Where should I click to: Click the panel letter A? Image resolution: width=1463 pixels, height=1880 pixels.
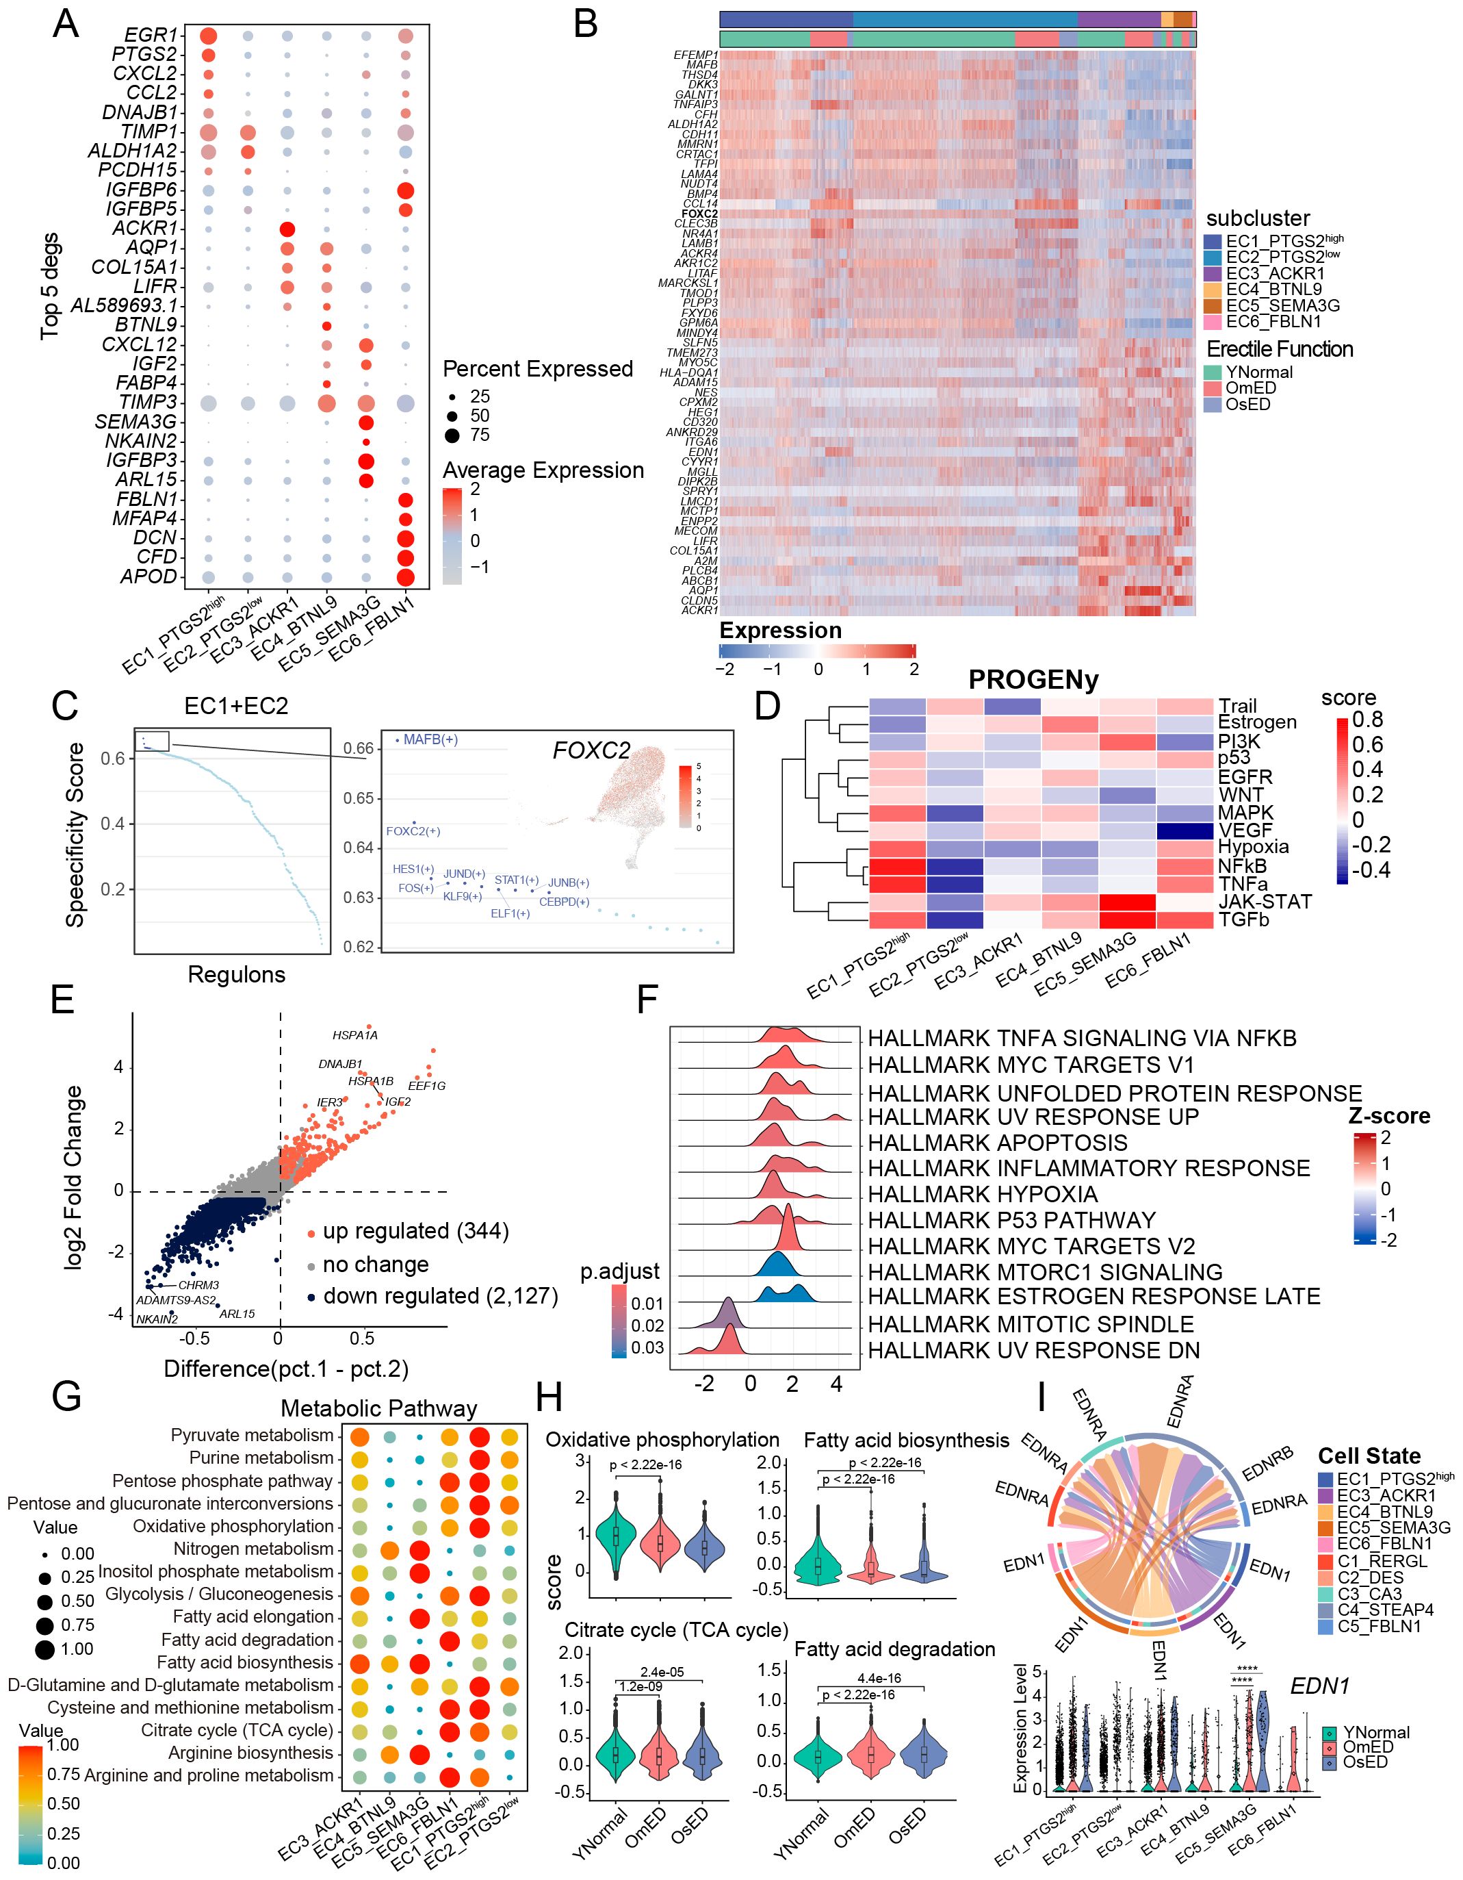(66, 24)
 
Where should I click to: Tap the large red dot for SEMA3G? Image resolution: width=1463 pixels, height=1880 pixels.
(365, 422)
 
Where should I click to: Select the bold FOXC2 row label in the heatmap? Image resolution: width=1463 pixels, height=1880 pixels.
(699, 214)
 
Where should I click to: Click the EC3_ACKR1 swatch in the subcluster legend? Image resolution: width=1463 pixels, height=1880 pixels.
(1213, 274)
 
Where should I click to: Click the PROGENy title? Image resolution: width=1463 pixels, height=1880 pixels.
(1033, 680)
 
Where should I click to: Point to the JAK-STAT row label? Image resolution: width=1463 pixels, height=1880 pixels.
(1264, 901)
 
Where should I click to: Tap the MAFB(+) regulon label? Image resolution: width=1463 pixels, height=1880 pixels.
(430, 739)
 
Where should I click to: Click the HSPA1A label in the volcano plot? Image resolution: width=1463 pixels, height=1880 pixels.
(355, 1034)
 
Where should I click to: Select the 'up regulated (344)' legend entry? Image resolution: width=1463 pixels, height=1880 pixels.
(415, 1231)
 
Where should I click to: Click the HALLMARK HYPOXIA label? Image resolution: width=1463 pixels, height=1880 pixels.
(983, 1195)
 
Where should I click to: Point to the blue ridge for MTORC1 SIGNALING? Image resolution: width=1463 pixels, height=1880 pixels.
(778, 1265)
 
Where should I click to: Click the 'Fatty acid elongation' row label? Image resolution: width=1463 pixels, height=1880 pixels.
(253, 1616)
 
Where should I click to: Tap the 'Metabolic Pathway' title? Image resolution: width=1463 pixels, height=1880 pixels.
(378, 1409)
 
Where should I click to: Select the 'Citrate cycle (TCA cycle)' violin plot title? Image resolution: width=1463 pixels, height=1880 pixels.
(677, 1630)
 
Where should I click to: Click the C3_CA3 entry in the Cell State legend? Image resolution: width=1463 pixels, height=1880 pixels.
(1369, 1593)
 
